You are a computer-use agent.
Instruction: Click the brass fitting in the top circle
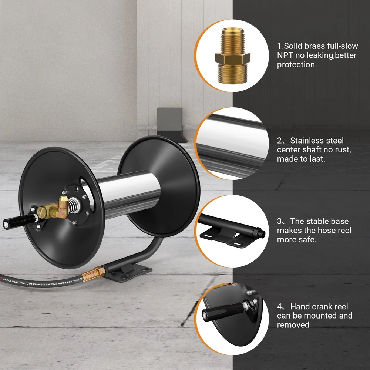(x=232, y=55)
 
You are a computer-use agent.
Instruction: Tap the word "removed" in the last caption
(x=293, y=325)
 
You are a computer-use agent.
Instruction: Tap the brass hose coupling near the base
(x=94, y=274)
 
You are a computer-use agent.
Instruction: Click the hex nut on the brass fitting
(x=232, y=58)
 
